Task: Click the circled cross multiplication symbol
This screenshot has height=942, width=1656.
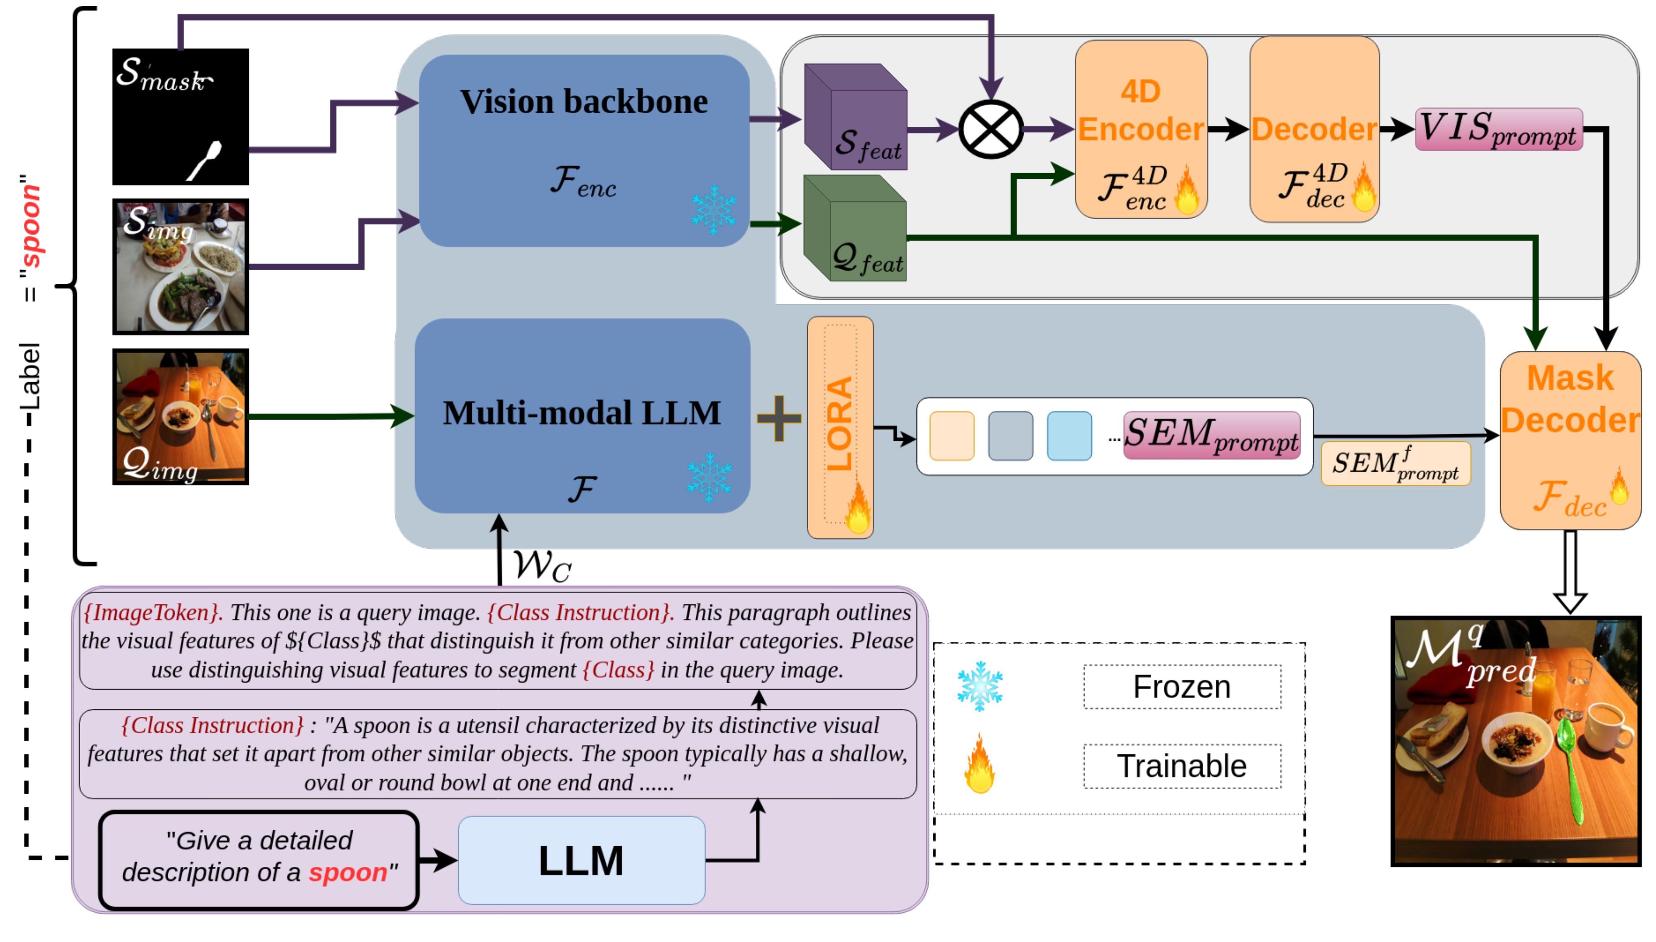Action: pyautogui.click(x=990, y=129)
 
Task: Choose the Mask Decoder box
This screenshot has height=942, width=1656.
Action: pyautogui.click(x=1570, y=440)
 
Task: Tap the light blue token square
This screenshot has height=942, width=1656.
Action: pyautogui.click(x=1068, y=435)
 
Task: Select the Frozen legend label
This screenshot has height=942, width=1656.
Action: pyautogui.click(x=1182, y=686)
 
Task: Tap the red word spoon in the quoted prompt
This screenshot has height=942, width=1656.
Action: pyautogui.click(x=347, y=872)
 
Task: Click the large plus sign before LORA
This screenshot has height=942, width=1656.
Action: pyautogui.click(x=779, y=418)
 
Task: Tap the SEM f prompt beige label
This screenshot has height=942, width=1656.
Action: pyautogui.click(x=1395, y=463)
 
